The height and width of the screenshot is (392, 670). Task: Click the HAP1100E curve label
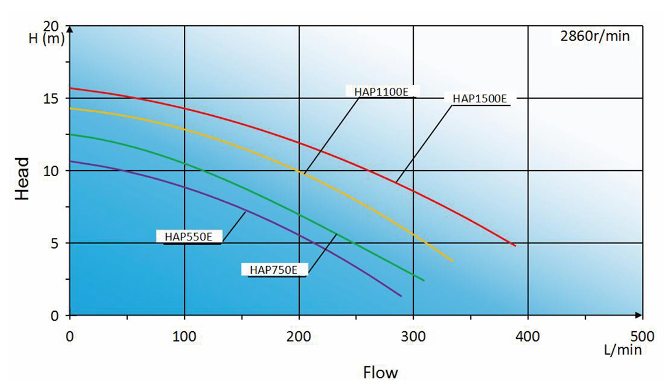381,91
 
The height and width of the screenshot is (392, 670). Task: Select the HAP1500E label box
479,98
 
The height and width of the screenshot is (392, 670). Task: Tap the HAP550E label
188,236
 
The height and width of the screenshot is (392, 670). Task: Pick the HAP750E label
274,270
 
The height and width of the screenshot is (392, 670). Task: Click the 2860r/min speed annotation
595,36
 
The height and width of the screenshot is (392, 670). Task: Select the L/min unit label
623,350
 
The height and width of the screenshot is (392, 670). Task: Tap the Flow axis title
380,372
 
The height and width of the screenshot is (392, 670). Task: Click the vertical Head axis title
22,178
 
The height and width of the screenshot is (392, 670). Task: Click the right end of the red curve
515,245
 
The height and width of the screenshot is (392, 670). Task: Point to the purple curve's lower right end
401,295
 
